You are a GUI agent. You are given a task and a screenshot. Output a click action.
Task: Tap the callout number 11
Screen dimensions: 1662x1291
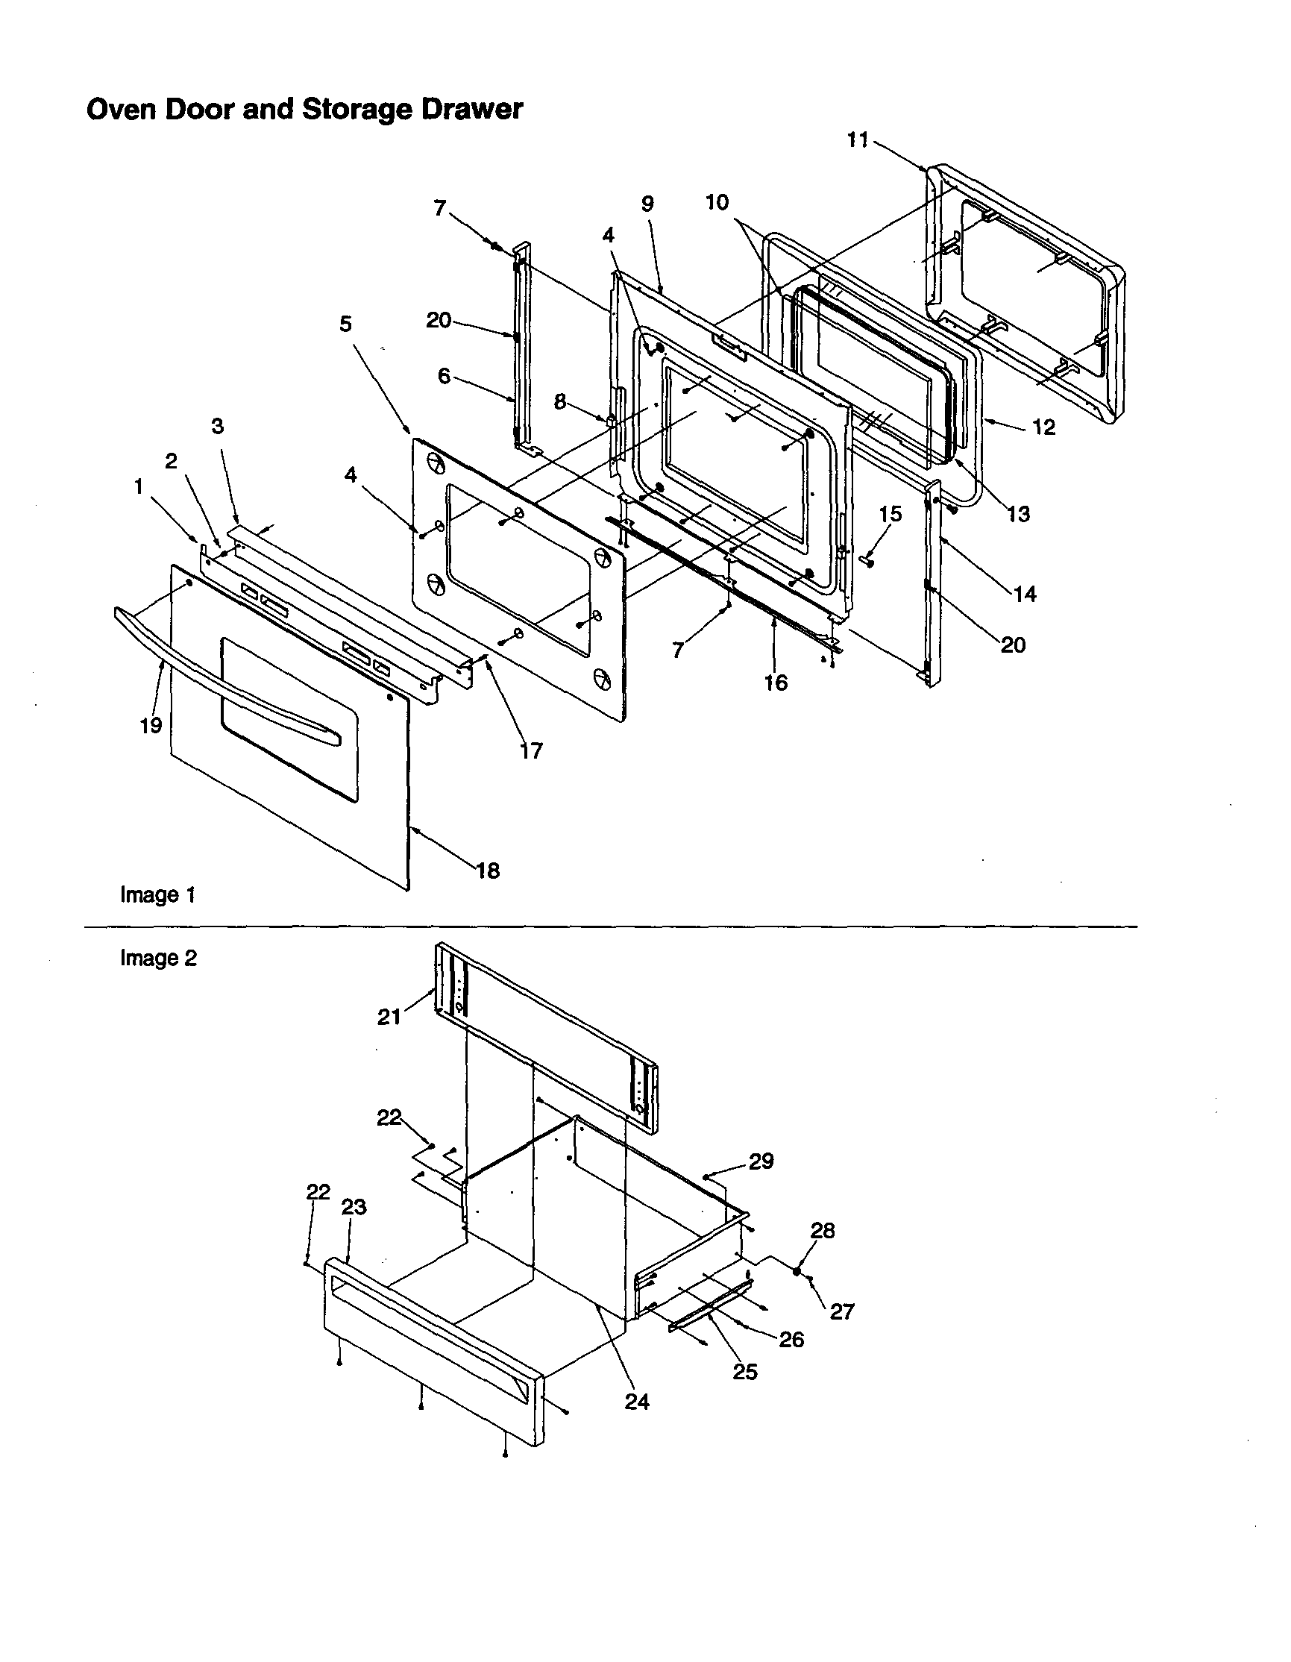(x=858, y=140)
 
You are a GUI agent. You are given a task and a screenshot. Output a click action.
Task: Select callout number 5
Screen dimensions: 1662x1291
(x=345, y=324)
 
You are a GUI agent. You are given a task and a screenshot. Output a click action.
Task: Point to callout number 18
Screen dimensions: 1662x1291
(x=488, y=871)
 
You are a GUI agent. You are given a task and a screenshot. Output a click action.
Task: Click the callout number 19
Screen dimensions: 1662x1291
(x=151, y=725)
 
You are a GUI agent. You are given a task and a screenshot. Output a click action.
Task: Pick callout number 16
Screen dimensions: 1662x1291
(x=775, y=683)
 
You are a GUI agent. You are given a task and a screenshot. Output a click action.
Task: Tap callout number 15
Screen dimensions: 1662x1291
(x=890, y=514)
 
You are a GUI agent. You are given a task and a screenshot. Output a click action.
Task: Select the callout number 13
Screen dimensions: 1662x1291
(x=1018, y=515)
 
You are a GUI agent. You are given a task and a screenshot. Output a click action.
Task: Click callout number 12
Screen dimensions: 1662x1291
(x=1043, y=427)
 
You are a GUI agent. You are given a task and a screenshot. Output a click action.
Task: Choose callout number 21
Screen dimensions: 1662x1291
(x=389, y=1017)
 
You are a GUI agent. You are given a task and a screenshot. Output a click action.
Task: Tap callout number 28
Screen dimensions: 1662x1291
(x=823, y=1231)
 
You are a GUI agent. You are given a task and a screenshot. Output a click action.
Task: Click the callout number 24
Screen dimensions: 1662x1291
(x=637, y=1402)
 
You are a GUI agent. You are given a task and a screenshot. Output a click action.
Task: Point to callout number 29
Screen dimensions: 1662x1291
(x=761, y=1161)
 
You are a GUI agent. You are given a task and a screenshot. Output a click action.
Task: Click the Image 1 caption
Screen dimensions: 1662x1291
(x=158, y=895)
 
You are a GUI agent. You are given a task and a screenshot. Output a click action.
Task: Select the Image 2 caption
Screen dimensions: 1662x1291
(x=158, y=958)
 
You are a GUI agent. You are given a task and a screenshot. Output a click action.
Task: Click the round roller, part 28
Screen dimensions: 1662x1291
(x=797, y=1271)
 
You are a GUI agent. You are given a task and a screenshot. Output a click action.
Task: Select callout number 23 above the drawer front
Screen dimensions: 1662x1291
(x=354, y=1207)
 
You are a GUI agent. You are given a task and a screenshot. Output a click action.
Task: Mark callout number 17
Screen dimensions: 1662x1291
(x=531, y=751)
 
